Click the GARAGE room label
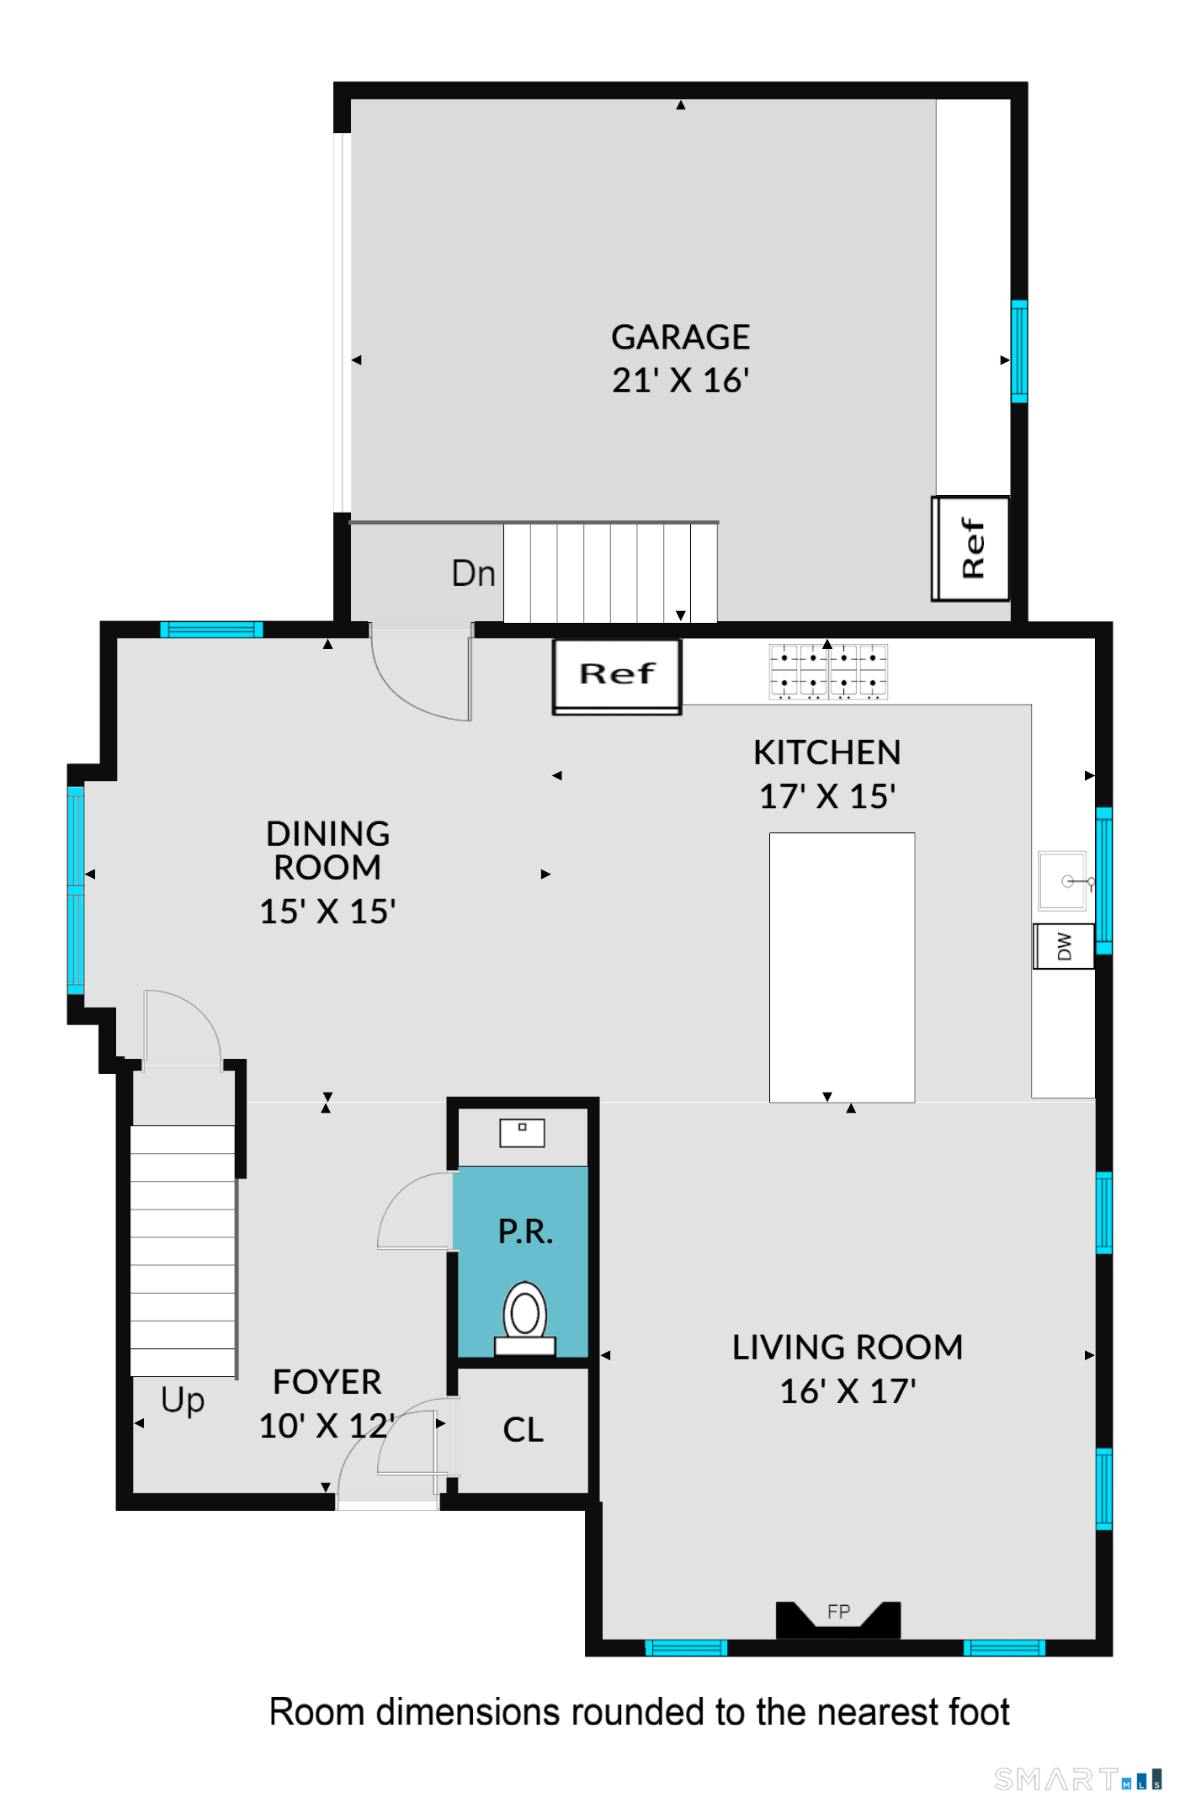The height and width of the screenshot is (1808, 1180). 680,337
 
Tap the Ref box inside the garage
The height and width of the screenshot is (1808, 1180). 970,548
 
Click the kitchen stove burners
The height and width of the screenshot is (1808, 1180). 828,672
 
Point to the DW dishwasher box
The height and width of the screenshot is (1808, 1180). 1064,946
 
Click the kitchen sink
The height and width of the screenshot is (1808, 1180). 1064,880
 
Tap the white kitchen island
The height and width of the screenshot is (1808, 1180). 842,967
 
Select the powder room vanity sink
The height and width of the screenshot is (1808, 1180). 522,1133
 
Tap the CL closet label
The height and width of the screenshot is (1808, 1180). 523,1429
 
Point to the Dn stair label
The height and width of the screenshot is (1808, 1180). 473,573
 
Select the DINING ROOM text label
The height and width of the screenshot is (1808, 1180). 327,850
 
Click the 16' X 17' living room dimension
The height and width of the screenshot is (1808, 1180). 848,1391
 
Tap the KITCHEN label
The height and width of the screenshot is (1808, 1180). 827,752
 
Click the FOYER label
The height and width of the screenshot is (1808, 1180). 327,1382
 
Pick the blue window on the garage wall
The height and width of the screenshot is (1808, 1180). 1018,351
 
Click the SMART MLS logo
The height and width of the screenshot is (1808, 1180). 1078,1779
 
